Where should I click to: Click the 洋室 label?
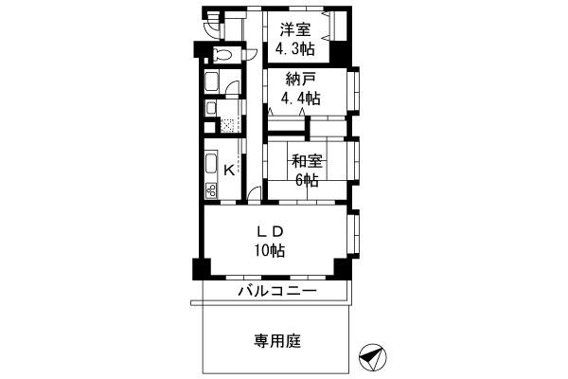294,29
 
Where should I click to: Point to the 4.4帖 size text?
298,99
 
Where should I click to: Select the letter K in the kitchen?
230,171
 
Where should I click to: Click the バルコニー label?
276,291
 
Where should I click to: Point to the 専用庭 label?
276,340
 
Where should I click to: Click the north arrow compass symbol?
372,357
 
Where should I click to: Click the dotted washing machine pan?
227,124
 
